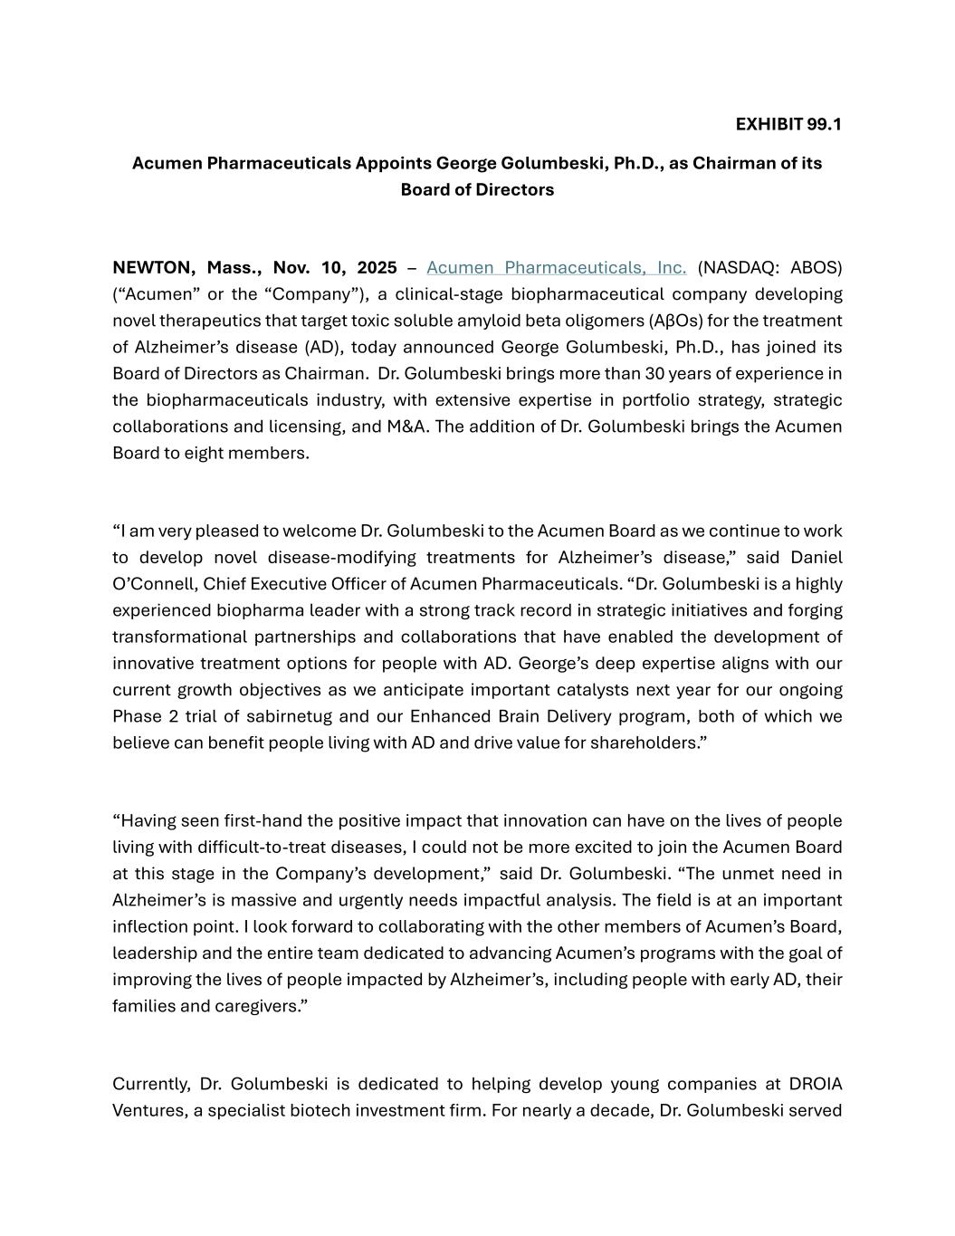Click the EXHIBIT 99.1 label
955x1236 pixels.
point(788,124)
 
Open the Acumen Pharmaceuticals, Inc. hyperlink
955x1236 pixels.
point(556,268)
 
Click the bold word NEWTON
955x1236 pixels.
point(152,268)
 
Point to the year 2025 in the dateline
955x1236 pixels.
point(377,268)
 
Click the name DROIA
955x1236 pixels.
point(816,1085)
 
